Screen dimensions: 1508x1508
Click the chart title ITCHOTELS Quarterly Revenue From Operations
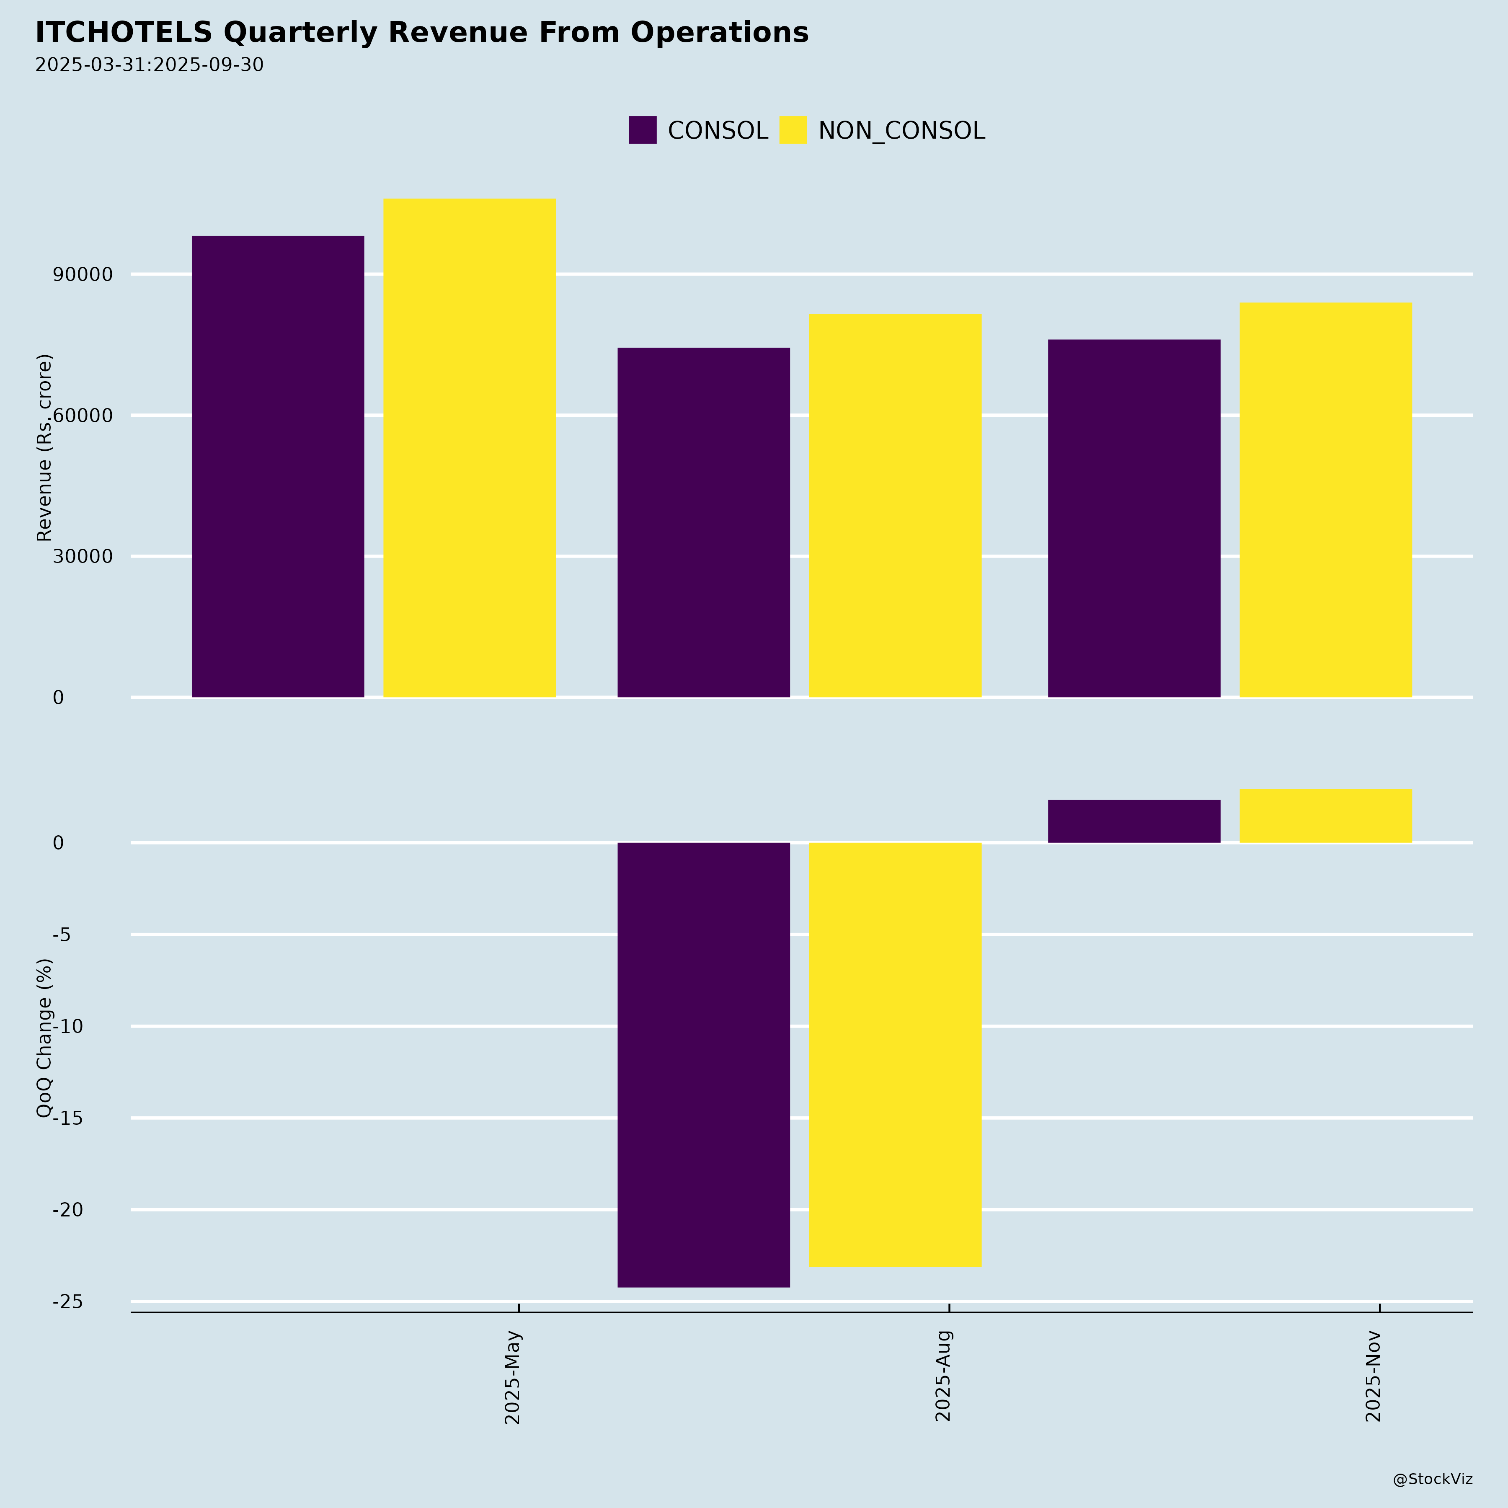click(421, 33)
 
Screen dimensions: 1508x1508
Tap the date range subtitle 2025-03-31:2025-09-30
click(149, 65)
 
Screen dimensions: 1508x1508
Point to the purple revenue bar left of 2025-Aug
click(703, 522)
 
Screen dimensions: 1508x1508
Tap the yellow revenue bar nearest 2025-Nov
click(1325, 500)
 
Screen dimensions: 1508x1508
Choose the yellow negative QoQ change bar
click(895, 1054)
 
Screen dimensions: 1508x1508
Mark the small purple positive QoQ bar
click(1134, 821)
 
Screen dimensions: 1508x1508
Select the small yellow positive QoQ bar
click(1325, 816)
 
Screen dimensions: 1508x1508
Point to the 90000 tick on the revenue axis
click(83, 275)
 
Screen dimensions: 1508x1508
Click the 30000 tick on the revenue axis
click(83, 557)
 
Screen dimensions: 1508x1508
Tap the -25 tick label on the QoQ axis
click(68, 1302)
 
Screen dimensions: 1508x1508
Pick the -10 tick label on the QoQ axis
click(68, 1026)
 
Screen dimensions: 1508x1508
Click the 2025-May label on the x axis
click(513, 1378)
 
